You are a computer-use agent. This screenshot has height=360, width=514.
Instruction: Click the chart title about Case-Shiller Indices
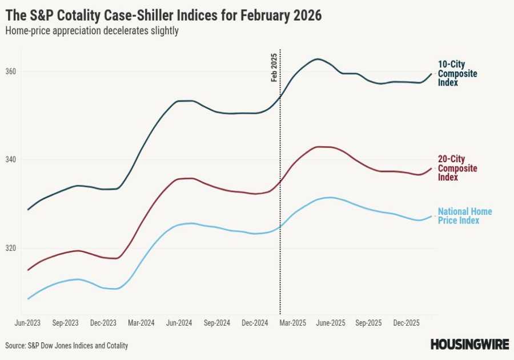click(163, 15)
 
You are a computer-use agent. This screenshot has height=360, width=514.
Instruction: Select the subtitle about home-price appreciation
click(92, 31)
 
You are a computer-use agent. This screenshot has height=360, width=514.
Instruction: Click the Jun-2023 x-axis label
click(27, 323)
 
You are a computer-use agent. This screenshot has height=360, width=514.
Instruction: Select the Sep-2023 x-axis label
click(65, 323)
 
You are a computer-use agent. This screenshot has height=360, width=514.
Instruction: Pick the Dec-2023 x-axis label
click(103, 323)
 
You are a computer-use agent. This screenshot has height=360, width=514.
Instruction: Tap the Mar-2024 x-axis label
click(141, 323)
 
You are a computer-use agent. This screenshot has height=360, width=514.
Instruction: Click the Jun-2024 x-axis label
click(179, 323)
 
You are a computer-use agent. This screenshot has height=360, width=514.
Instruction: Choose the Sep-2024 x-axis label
click(216, 323)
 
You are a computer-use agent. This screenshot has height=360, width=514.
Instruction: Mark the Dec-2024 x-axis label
click(255, 323)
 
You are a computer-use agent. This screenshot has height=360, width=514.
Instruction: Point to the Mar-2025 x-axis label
click(292, 323)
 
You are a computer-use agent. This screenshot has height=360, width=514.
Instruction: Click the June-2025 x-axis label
click(330, 323)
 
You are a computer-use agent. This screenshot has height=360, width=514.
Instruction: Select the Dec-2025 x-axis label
click(406, 323)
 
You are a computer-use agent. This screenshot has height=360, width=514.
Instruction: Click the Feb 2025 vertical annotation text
click(274, 67)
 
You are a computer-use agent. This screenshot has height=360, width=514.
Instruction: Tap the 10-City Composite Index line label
click(457, 74)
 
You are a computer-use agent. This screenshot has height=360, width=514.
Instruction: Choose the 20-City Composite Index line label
click(457, 168)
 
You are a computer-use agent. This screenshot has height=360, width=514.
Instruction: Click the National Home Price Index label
click(464, 216)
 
